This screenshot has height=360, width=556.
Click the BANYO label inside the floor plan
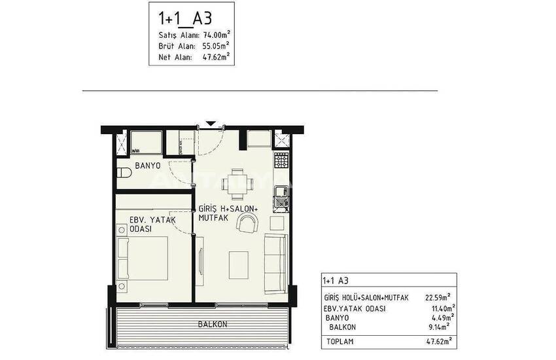coord(148,166)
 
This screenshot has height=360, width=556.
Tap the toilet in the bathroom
coord(124,173)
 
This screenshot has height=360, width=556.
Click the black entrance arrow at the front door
coord(211,124)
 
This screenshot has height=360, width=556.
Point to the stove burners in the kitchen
coord(281,160)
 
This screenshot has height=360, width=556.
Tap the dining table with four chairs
coord(237,185)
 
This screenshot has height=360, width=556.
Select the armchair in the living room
coord(248,223)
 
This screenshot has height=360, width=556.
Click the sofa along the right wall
coord(276,264)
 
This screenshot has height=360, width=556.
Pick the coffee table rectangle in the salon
coord(239,265)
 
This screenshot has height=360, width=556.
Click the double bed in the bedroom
coord(142,258)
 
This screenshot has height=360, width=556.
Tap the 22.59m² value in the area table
coord(438,297)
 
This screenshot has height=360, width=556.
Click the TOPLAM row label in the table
coord(339,342)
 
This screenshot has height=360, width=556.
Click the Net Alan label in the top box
coord(175,57)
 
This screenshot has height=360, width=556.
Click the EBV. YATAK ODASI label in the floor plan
coord(152,224)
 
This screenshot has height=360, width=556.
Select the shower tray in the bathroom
coord(147,143)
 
